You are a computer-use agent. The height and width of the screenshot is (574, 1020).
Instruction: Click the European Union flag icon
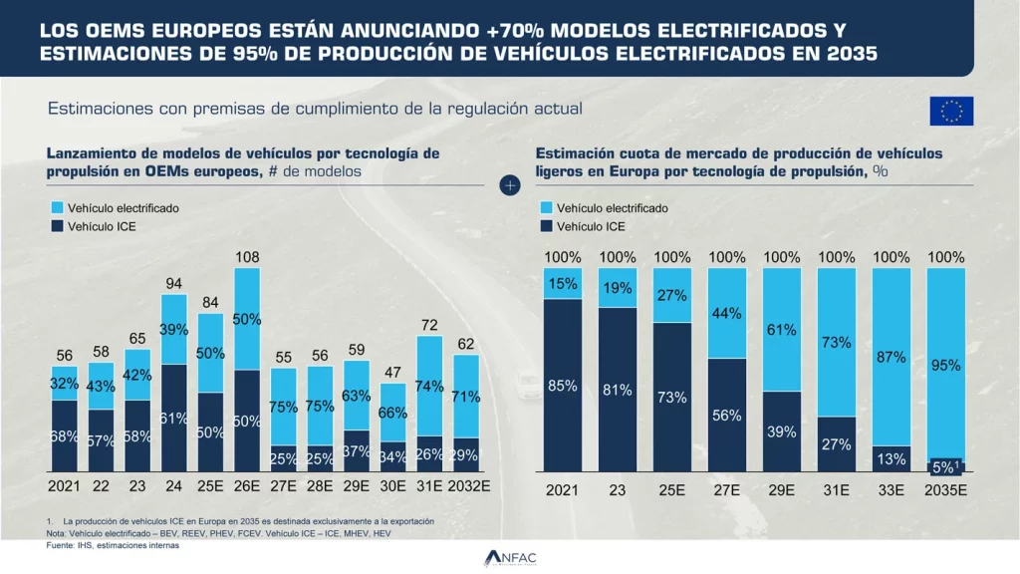951,111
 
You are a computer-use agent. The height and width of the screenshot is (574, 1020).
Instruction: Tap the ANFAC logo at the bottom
510,558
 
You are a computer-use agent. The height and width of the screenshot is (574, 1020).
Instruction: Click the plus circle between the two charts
510,186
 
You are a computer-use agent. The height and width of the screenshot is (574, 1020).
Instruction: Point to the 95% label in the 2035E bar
945,366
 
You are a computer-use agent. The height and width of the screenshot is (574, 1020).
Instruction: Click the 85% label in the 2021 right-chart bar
563,386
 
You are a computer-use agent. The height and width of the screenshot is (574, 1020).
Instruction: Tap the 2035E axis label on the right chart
945,491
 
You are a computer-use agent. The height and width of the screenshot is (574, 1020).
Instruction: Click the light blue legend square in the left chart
55,208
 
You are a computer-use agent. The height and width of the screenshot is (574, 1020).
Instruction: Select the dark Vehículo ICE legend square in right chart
545,226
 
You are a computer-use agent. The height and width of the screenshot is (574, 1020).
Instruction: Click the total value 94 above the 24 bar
173,284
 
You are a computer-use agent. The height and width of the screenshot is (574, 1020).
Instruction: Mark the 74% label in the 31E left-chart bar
430,387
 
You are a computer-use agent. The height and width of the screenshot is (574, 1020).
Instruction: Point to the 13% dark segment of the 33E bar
891,458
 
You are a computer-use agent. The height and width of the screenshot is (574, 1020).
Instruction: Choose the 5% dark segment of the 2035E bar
945,465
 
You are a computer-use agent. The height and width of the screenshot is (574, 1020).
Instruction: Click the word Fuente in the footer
61,545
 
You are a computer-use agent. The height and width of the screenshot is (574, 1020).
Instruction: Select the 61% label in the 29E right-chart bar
782,330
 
